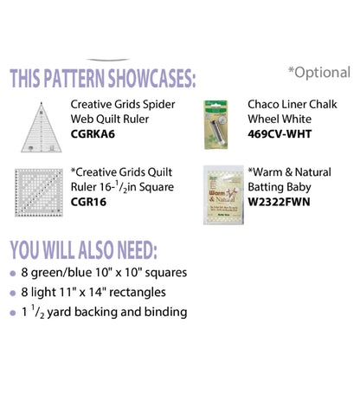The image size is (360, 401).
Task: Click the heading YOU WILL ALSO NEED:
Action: point(83,249)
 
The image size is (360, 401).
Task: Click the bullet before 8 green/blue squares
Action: point(14,273)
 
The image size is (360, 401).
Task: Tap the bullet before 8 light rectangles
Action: point(14,293)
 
